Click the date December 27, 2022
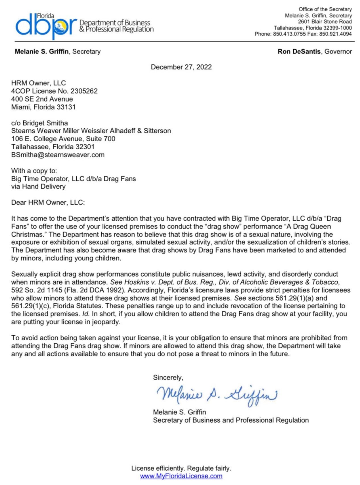coord(181,67)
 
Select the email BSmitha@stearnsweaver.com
coord(58,155)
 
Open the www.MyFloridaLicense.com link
coord(181,476)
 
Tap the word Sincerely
coord(168,378)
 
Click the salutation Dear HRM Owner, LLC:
coord(48,203)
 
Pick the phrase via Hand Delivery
coord(38,186)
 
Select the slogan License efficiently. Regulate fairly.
coord(181,468)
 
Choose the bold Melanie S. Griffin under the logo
coord(42,52)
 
